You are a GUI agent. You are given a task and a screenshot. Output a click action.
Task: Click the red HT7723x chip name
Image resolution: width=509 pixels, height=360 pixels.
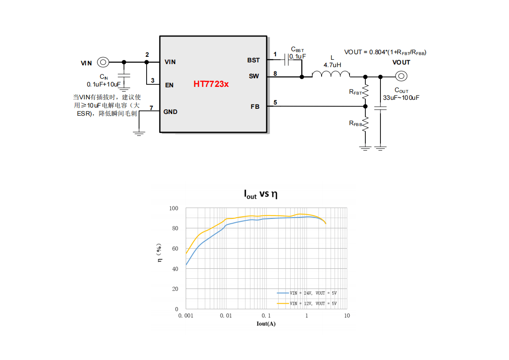pyautogui.click(x=211, y=84)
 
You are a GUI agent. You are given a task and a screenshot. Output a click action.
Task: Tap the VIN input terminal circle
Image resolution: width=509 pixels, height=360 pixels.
pyautogui.click(x=103, y=62)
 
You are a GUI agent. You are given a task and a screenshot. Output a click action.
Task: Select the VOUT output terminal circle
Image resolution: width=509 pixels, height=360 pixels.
pyautogui.click(x=401, y=76)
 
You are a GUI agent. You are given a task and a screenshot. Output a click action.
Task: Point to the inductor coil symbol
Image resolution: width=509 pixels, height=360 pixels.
pyautogui.click(x=331, y=74)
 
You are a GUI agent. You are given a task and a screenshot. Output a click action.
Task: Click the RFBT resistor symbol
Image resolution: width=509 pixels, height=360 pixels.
pyautogui.click(x=365, y=92)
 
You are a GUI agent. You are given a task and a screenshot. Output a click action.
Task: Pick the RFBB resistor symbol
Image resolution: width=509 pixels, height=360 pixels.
pyautogui.click(x=365, y=124)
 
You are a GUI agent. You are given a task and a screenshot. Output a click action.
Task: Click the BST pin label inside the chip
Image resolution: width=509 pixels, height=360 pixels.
pyautogui.click(x=253, y=61)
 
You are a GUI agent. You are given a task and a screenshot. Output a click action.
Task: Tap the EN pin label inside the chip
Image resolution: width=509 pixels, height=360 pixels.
pyautogui.click(x=169, y=85)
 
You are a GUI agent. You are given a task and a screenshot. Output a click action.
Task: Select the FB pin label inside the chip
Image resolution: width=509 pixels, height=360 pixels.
pyautogui.click(x=255, y=107)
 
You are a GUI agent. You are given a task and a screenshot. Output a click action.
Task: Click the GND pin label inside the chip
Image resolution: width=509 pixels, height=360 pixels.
pyautogui.click(x=170, y=112)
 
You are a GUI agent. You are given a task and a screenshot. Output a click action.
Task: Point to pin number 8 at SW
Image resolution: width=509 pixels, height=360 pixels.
pyautogui.click(x=275, y=74)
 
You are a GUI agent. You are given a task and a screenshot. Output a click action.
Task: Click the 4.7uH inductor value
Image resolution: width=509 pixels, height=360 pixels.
pyautogui.click(x=332, y=65)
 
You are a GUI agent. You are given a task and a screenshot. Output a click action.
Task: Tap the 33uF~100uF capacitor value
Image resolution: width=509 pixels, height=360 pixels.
pyautogui.click(x=401, y=98)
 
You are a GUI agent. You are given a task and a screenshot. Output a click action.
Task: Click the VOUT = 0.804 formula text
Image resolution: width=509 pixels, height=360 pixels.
pyautogui.click(x=385, y=52)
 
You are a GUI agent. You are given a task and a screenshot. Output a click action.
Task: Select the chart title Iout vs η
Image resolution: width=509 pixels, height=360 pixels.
pyautogui.click(x=261, y=194)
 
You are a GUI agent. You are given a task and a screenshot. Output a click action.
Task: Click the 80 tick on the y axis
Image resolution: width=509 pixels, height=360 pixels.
pyautogui.click(x=175, y=228)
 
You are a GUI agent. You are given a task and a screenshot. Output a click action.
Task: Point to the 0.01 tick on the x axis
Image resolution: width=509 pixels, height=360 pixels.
pyautogui.click(x=226, y=316)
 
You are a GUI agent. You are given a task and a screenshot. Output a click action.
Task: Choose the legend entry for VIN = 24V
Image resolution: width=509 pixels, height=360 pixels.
pyautogui.click(x=307, y=293)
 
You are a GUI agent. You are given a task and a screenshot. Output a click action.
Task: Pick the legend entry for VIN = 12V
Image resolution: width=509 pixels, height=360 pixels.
pyautogui.click(x=307, y=304)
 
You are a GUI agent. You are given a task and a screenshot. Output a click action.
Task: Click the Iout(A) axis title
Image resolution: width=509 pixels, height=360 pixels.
pyautogui.click(x=266, y=323)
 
